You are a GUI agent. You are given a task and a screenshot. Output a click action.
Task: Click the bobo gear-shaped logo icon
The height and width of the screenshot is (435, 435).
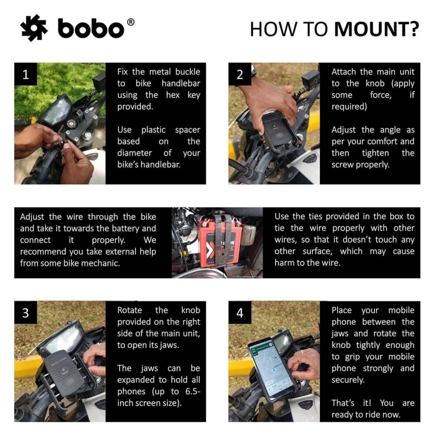[34, 28]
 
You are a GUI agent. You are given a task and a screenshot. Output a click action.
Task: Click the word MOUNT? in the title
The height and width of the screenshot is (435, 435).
[376, 29]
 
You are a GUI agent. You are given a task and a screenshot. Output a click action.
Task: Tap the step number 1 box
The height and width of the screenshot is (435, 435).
[26, 74]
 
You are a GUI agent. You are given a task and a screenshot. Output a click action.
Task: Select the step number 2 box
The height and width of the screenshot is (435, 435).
[240, 74]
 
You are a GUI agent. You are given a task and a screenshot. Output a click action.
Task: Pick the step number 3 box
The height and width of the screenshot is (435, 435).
[26, 313]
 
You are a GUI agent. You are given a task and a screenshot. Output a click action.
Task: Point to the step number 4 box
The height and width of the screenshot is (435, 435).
[240, 313]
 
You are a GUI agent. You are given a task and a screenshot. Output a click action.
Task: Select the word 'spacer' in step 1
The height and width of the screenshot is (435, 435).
[187, 130]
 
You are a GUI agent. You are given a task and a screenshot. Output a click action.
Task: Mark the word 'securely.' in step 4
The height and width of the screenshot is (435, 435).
[348, 380]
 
